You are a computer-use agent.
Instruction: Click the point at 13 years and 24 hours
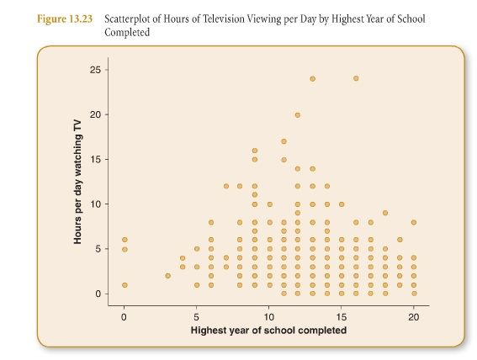coord(312,79)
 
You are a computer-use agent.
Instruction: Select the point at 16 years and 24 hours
coord(356,78)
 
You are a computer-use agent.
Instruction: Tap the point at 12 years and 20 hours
coord(298,115)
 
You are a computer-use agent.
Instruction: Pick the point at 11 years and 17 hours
coord(284,141)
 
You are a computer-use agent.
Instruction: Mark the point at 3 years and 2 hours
coord(168,276)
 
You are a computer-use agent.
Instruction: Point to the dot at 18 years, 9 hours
coord(385,213)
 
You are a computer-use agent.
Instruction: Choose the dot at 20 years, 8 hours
coord(414,222)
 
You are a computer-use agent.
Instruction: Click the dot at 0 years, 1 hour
coord(125,285)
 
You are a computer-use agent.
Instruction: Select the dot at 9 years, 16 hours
coord(255,151)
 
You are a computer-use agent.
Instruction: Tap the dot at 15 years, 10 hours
coord(342,204)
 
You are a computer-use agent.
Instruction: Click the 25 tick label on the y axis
coord(95,70)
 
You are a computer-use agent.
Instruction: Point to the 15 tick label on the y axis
coord(95,159)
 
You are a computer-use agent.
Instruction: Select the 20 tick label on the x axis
coord(413,317)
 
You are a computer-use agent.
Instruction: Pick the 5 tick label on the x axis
coord(197,317)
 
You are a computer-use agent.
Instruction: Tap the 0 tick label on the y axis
coord(98,294)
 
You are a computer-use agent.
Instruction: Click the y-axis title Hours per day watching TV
coord(77,182)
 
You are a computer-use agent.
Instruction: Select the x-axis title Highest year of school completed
coord(268,331)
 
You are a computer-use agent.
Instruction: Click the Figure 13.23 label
coord(65,19)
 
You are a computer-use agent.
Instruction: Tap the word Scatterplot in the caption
coord(127,19)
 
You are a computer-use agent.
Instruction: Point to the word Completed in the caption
coord(127,32)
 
